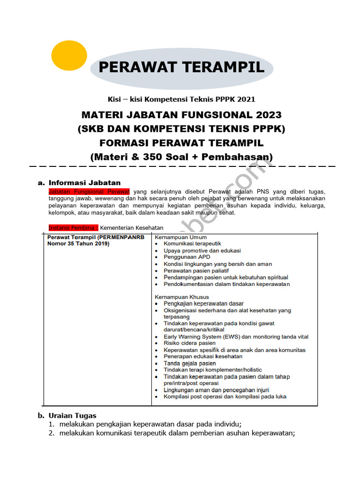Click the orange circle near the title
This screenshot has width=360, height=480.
(x=69, y=55)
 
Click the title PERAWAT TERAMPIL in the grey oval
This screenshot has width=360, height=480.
(x=181, y=67)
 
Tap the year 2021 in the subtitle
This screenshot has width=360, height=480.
(x=246, y=99)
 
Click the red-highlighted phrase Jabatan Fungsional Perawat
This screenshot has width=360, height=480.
(x=89, y=192)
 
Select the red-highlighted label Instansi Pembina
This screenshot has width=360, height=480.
(x=74, y=228)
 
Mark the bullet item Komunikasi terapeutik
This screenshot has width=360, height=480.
(x=192, y=244)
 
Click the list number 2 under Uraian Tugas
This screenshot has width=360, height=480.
(x=52, y=433)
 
